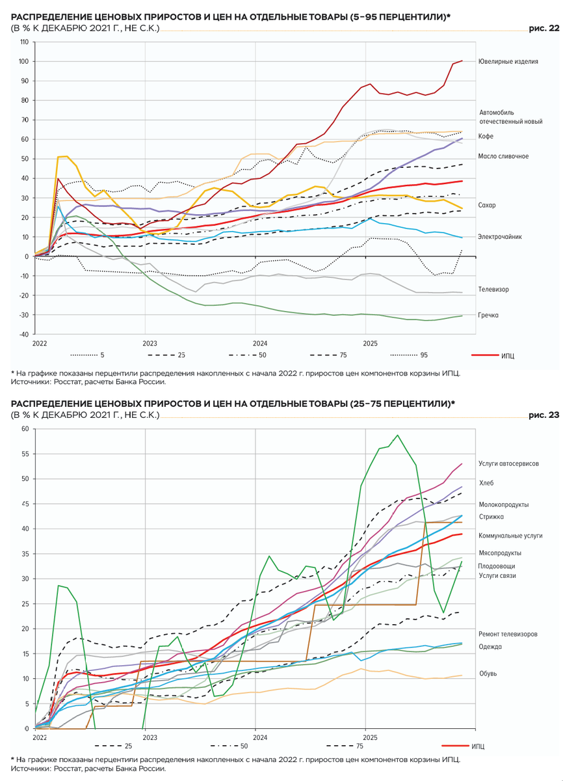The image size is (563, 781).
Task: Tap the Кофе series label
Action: point(486,136)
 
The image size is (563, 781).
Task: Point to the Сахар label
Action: point(487,205)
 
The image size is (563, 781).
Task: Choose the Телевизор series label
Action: point(493,288)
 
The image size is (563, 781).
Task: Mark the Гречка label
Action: point(488,315)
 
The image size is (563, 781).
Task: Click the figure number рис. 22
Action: point(545,29)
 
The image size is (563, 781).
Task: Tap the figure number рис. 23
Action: point(545,415)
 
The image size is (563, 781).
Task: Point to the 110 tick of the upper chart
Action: point(23,42)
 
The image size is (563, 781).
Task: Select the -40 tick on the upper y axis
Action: point(23,335)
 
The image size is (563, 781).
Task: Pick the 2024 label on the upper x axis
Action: point(260,343)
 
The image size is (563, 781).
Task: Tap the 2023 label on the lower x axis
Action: point(150,738)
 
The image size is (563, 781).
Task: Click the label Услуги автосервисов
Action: point(508,464)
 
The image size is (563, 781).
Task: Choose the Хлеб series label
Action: point(486,484)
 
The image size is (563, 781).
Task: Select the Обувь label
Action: point(488,674)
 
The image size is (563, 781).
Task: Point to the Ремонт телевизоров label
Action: point(508,634)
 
